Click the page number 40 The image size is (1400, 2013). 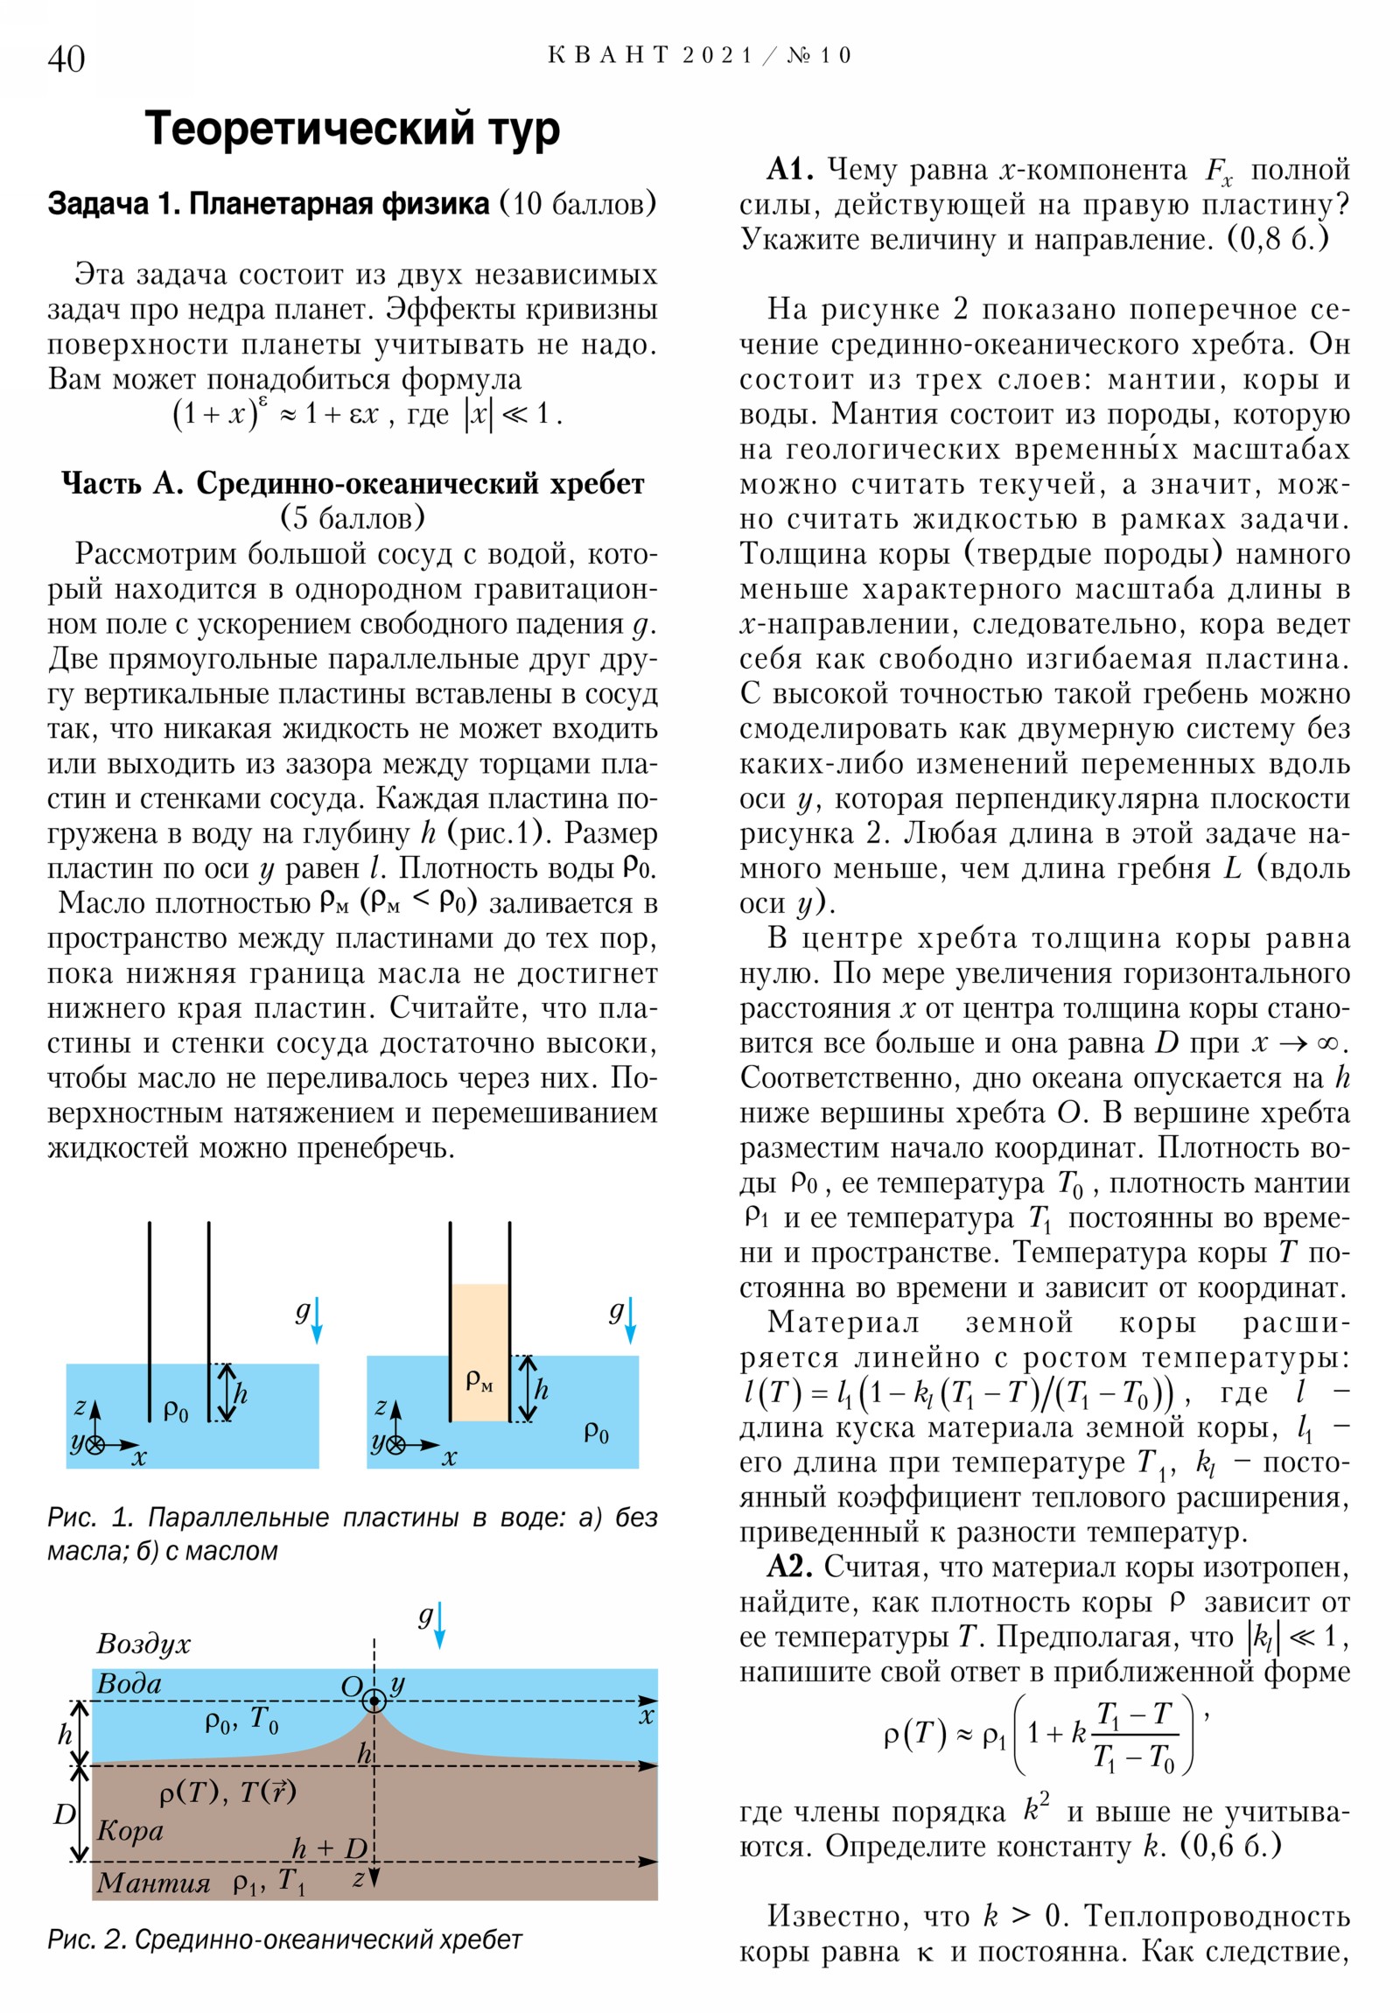(x=66, y=59)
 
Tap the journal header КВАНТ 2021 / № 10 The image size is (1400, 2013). (x=699, y=55)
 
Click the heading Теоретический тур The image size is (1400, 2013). (x=352, y=129)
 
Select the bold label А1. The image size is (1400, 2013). (x=790, y=168)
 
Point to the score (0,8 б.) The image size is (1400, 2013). (x=1277, y=238)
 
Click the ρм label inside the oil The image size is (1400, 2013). (x=479, y=1382)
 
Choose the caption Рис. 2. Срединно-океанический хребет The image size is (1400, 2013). (x=285, y=1939)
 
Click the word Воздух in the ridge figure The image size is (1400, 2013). (x=143, y=1643)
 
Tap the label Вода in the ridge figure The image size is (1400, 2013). (x=129, y=1683)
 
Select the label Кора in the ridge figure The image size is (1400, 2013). (x=129, y=1830)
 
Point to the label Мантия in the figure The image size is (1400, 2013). (x=153, y=1883)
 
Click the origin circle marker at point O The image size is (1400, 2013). (x=374, y=1701)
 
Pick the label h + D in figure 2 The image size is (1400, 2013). (x=329, y=1848)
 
